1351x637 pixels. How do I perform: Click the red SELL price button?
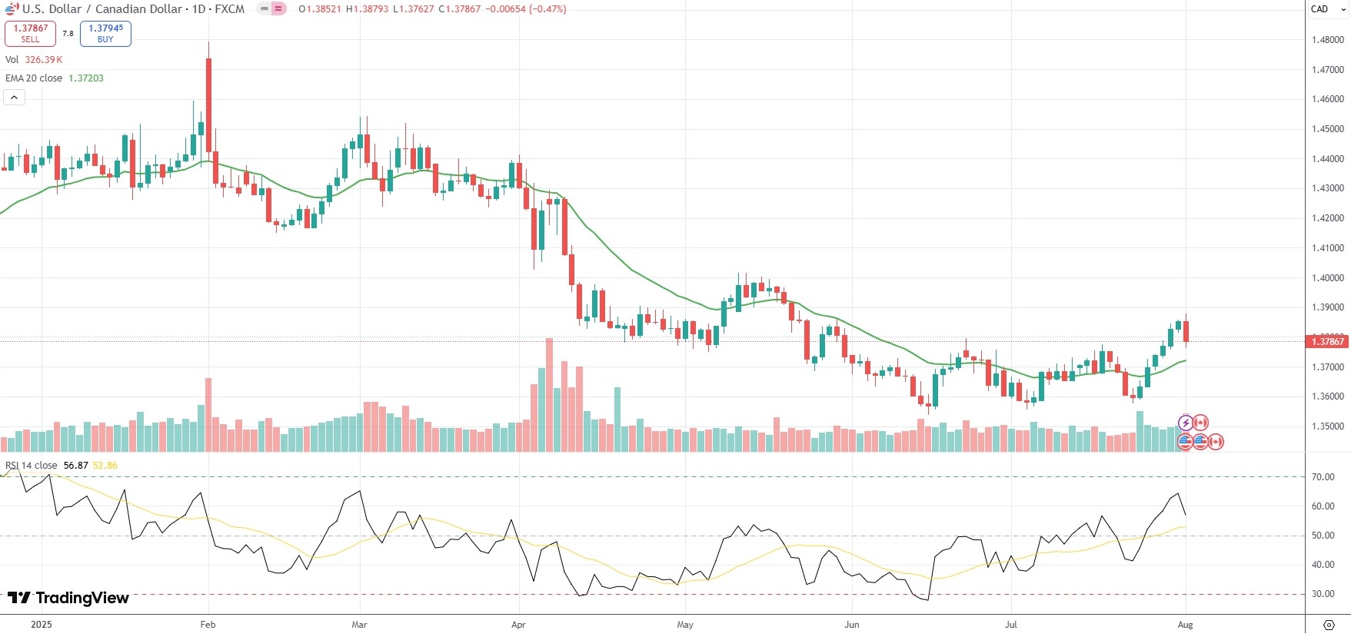click(x=30, y=33)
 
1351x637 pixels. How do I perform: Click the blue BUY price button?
click(x=105, y=33)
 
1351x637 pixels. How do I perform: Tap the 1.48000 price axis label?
click(x=1327, y=40)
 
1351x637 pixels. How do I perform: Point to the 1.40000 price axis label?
click(x=1327, y=278)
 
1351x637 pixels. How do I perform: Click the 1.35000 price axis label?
click(x=1327, y=426)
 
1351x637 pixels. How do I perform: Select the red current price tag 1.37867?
click(x=1327, y=341)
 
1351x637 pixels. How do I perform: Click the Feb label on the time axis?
click(x=208, y=625)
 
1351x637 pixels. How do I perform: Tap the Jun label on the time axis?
click(x=851, y=625)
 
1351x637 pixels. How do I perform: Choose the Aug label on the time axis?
click(x=1185, y=625)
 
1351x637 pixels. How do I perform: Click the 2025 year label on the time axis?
click(x=42, y=625)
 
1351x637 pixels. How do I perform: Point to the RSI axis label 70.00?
click(x=1323, y=477)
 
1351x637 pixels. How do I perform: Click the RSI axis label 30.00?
click(x=1323, y=594)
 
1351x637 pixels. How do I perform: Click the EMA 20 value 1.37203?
click(x=86, y=78)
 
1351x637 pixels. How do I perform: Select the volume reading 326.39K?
click(x=44, y=60)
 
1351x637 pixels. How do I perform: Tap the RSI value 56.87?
click(x=75, y=466)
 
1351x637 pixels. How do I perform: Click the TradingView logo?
click(x=68, y=598)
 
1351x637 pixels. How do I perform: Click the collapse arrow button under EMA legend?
click(x=15, y=98)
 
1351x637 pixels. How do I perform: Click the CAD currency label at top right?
click(x=1319, y=9)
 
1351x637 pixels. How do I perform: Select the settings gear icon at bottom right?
click(x=1329, y=625)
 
